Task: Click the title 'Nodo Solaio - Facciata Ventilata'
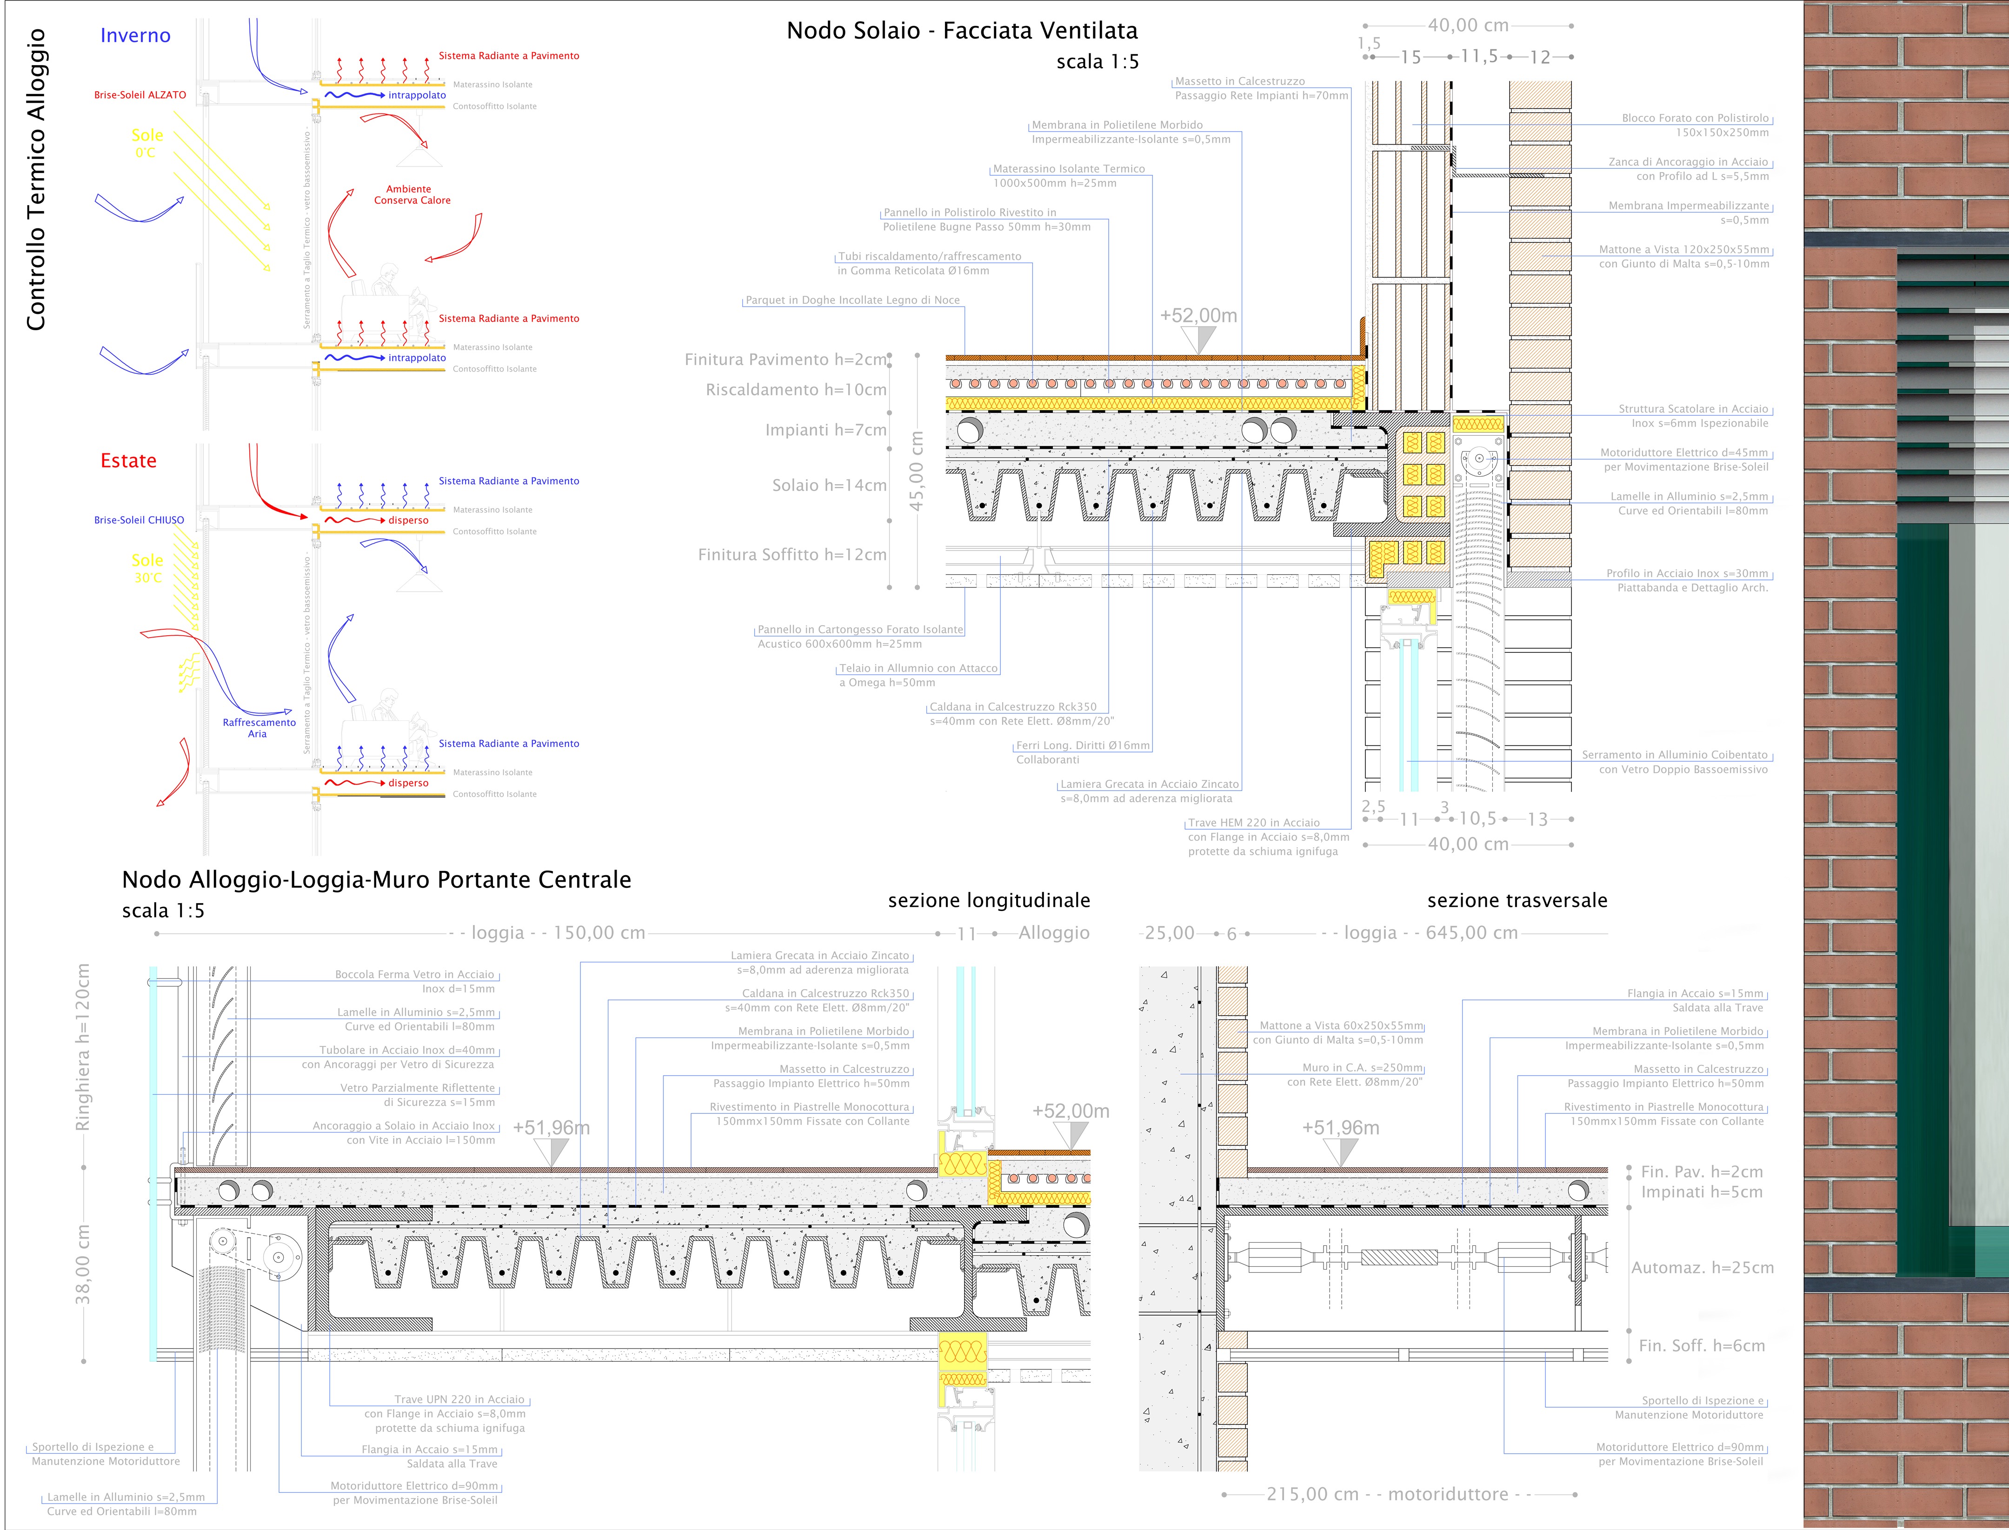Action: coord(962,31)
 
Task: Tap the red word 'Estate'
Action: coord(128,461)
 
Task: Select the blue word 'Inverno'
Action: coord(135,35)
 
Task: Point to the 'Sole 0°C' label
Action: coord(146,143)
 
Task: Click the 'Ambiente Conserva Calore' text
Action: coord(412,195)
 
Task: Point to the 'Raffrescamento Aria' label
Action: coord(259,728)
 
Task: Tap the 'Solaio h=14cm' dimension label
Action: coord(829,486)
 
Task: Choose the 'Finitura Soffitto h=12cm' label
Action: coord(792,555)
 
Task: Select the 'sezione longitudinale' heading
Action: coord(989,901)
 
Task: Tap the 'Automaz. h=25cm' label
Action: coord(1702,1268)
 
